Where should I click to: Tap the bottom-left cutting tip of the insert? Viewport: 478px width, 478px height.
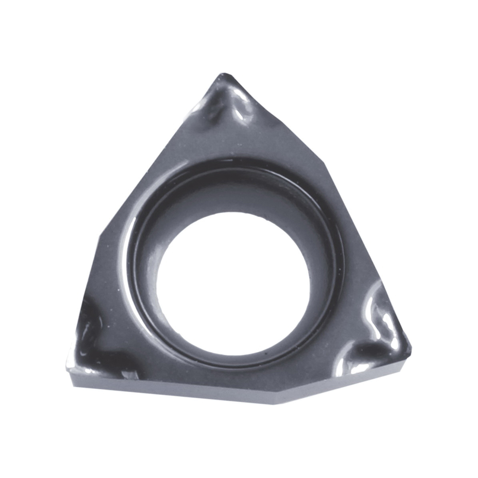69,370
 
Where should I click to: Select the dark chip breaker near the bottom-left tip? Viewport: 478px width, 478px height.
96,343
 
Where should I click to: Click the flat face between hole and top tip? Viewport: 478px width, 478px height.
235,143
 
